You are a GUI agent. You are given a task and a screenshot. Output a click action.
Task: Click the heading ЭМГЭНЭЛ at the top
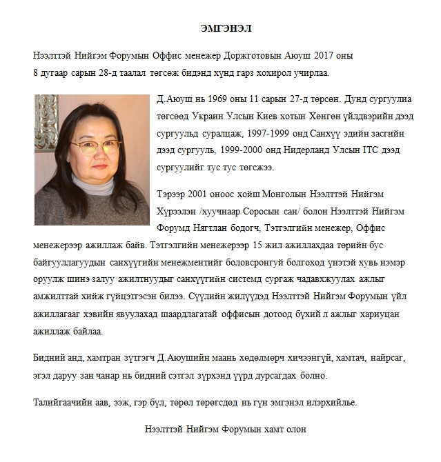click(x=221, y=29)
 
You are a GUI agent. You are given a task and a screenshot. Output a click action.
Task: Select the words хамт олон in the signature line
click(x=286, y=428)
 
